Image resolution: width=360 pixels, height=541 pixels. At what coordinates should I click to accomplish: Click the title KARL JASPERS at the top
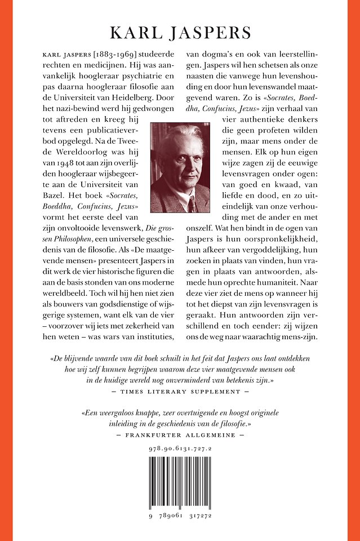pos(180,33)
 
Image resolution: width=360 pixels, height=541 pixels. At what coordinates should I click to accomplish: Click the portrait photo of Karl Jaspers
pos(180,167)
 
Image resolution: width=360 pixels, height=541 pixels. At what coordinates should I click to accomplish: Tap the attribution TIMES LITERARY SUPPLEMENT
pos(180,391)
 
